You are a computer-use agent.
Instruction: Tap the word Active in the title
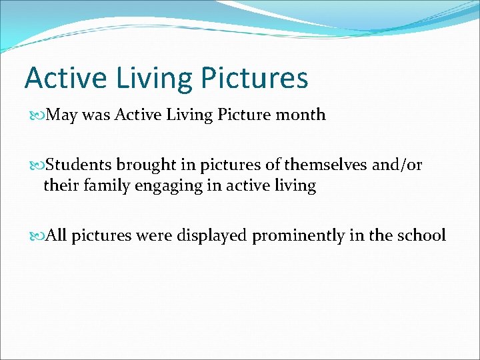pyautogui.click(x=65, y=78)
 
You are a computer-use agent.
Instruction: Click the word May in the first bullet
pyautogui.click(x=62, y=115)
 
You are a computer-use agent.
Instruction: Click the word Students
pyautogui.click(x=81, y=165)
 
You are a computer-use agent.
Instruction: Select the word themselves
pyautogui.click(x=327, y=165)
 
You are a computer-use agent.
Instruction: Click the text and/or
pyautogui.click(x=397, y=165)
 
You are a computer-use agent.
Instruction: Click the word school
pyautogui.click(x=421, y=235)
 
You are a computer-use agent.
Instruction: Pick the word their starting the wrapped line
pyautogui.click(x=59, y=185)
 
